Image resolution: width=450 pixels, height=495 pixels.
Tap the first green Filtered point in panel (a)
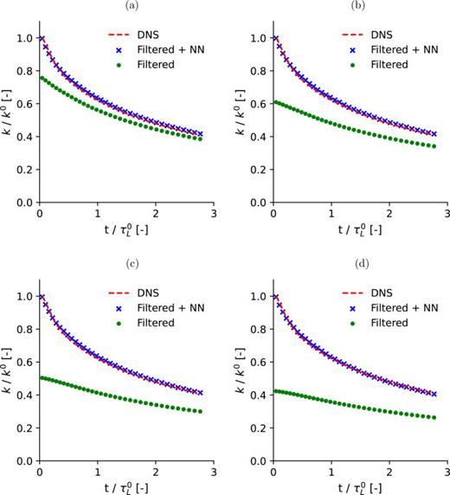(x=40, y=78)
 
